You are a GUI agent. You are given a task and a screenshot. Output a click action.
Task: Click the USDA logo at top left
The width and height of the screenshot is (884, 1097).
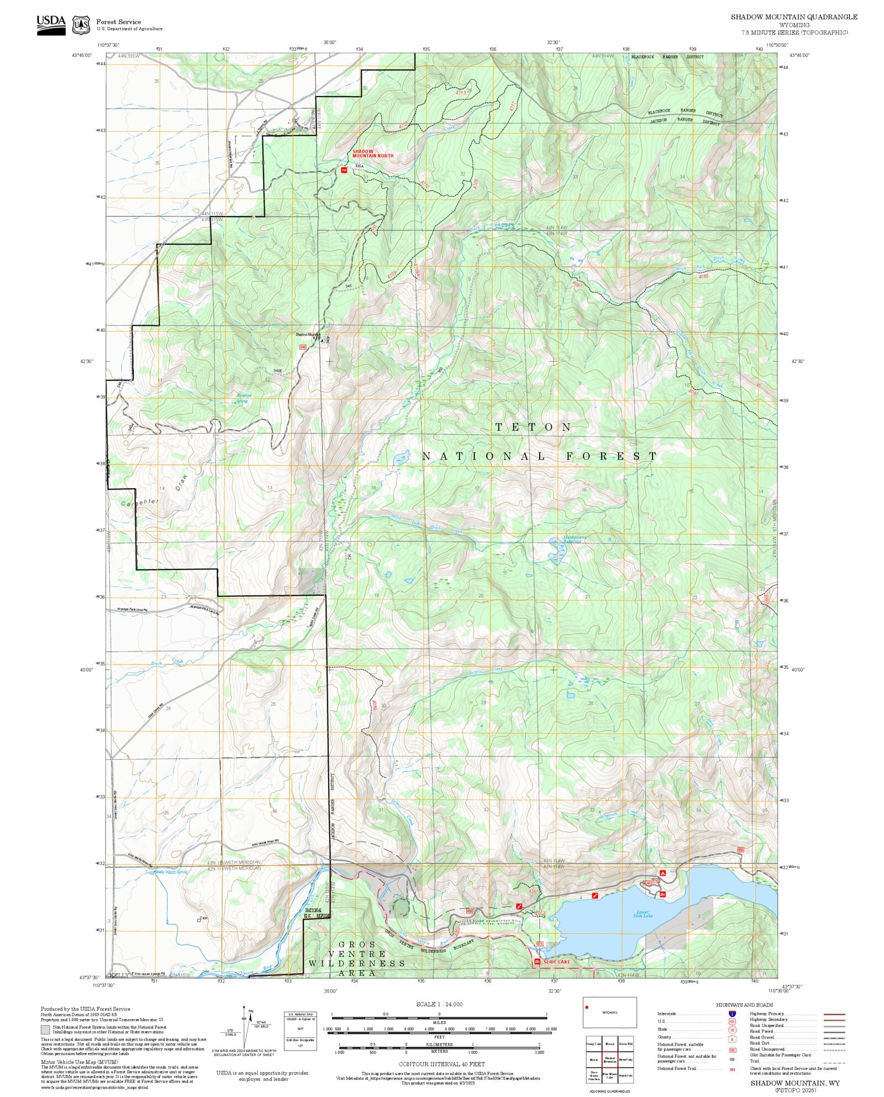[x=51, y=24]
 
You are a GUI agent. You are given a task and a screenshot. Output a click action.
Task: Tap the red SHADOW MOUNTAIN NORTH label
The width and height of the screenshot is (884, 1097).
[x=373, y=154]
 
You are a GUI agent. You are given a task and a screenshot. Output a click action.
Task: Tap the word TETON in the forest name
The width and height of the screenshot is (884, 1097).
[x=533, y=427]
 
